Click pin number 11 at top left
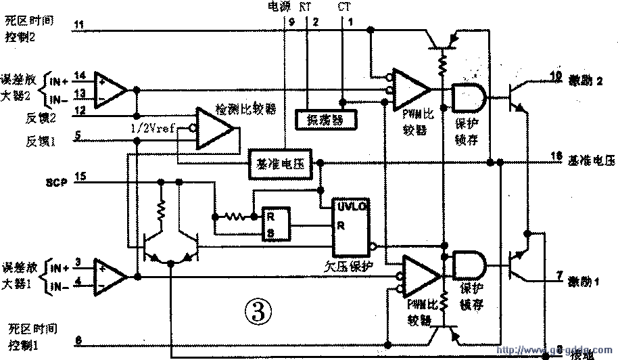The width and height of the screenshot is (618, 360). pyautogui.click(x=79, y=25)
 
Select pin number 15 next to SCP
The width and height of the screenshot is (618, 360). pyautogui.click(x=80, y=177)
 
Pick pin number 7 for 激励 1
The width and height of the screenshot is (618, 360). pyautogui.click(x=558, y=275)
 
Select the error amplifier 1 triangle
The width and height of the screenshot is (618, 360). pyautogui.click(x=110, y=274)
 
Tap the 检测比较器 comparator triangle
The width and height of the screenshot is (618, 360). pyautogui.click(x=214, y=129)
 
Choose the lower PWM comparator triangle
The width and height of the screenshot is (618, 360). pyautogui.click(x=419, y=274)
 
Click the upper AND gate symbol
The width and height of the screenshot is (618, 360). pyautogui.click(x=466, y=97)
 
